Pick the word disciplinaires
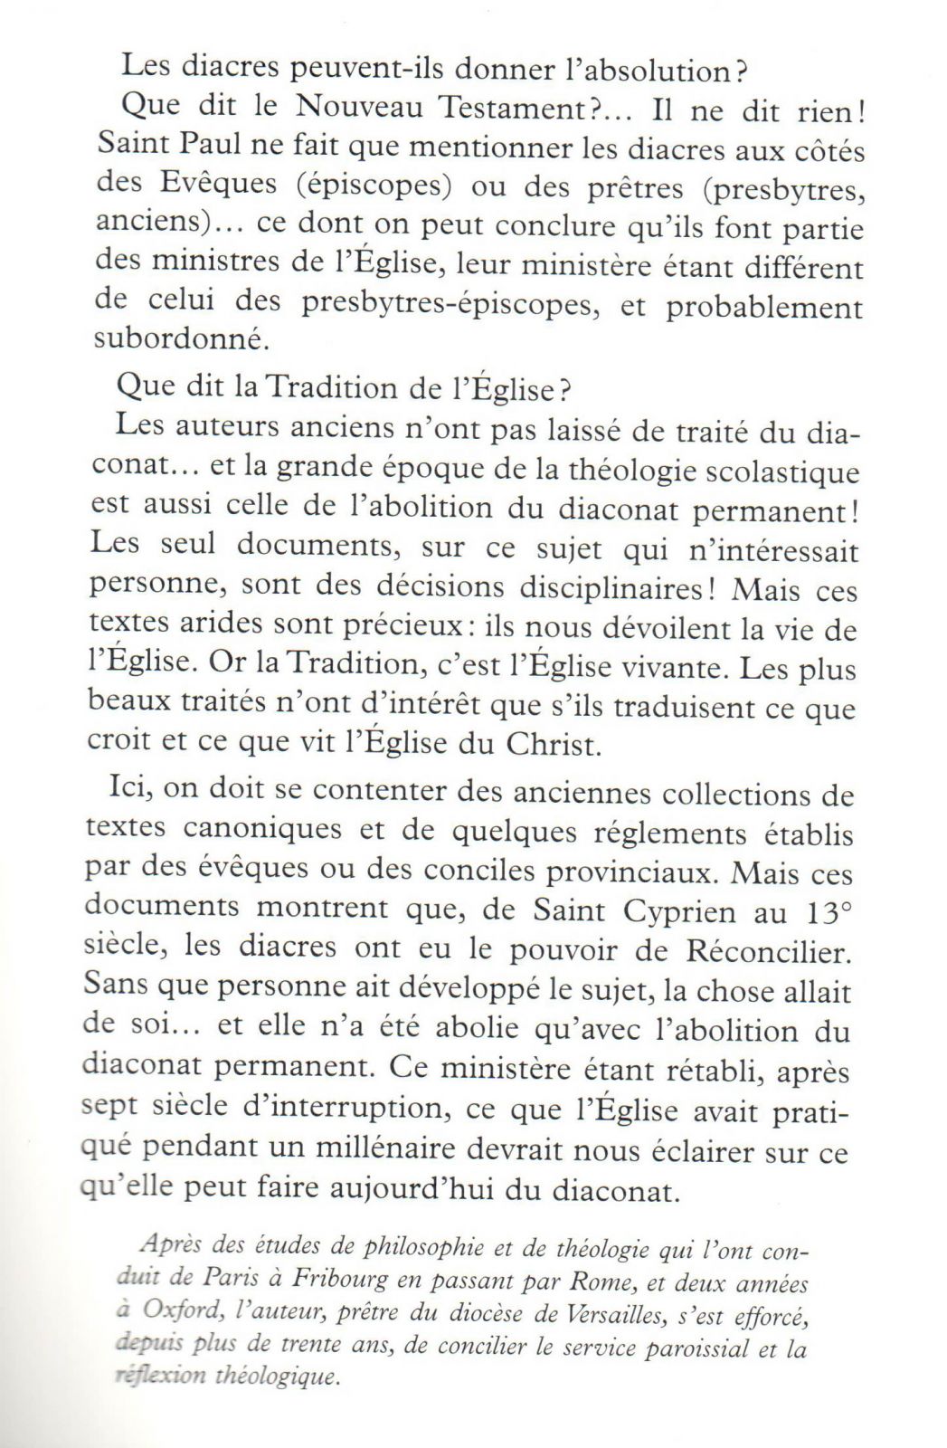[619, 589]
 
